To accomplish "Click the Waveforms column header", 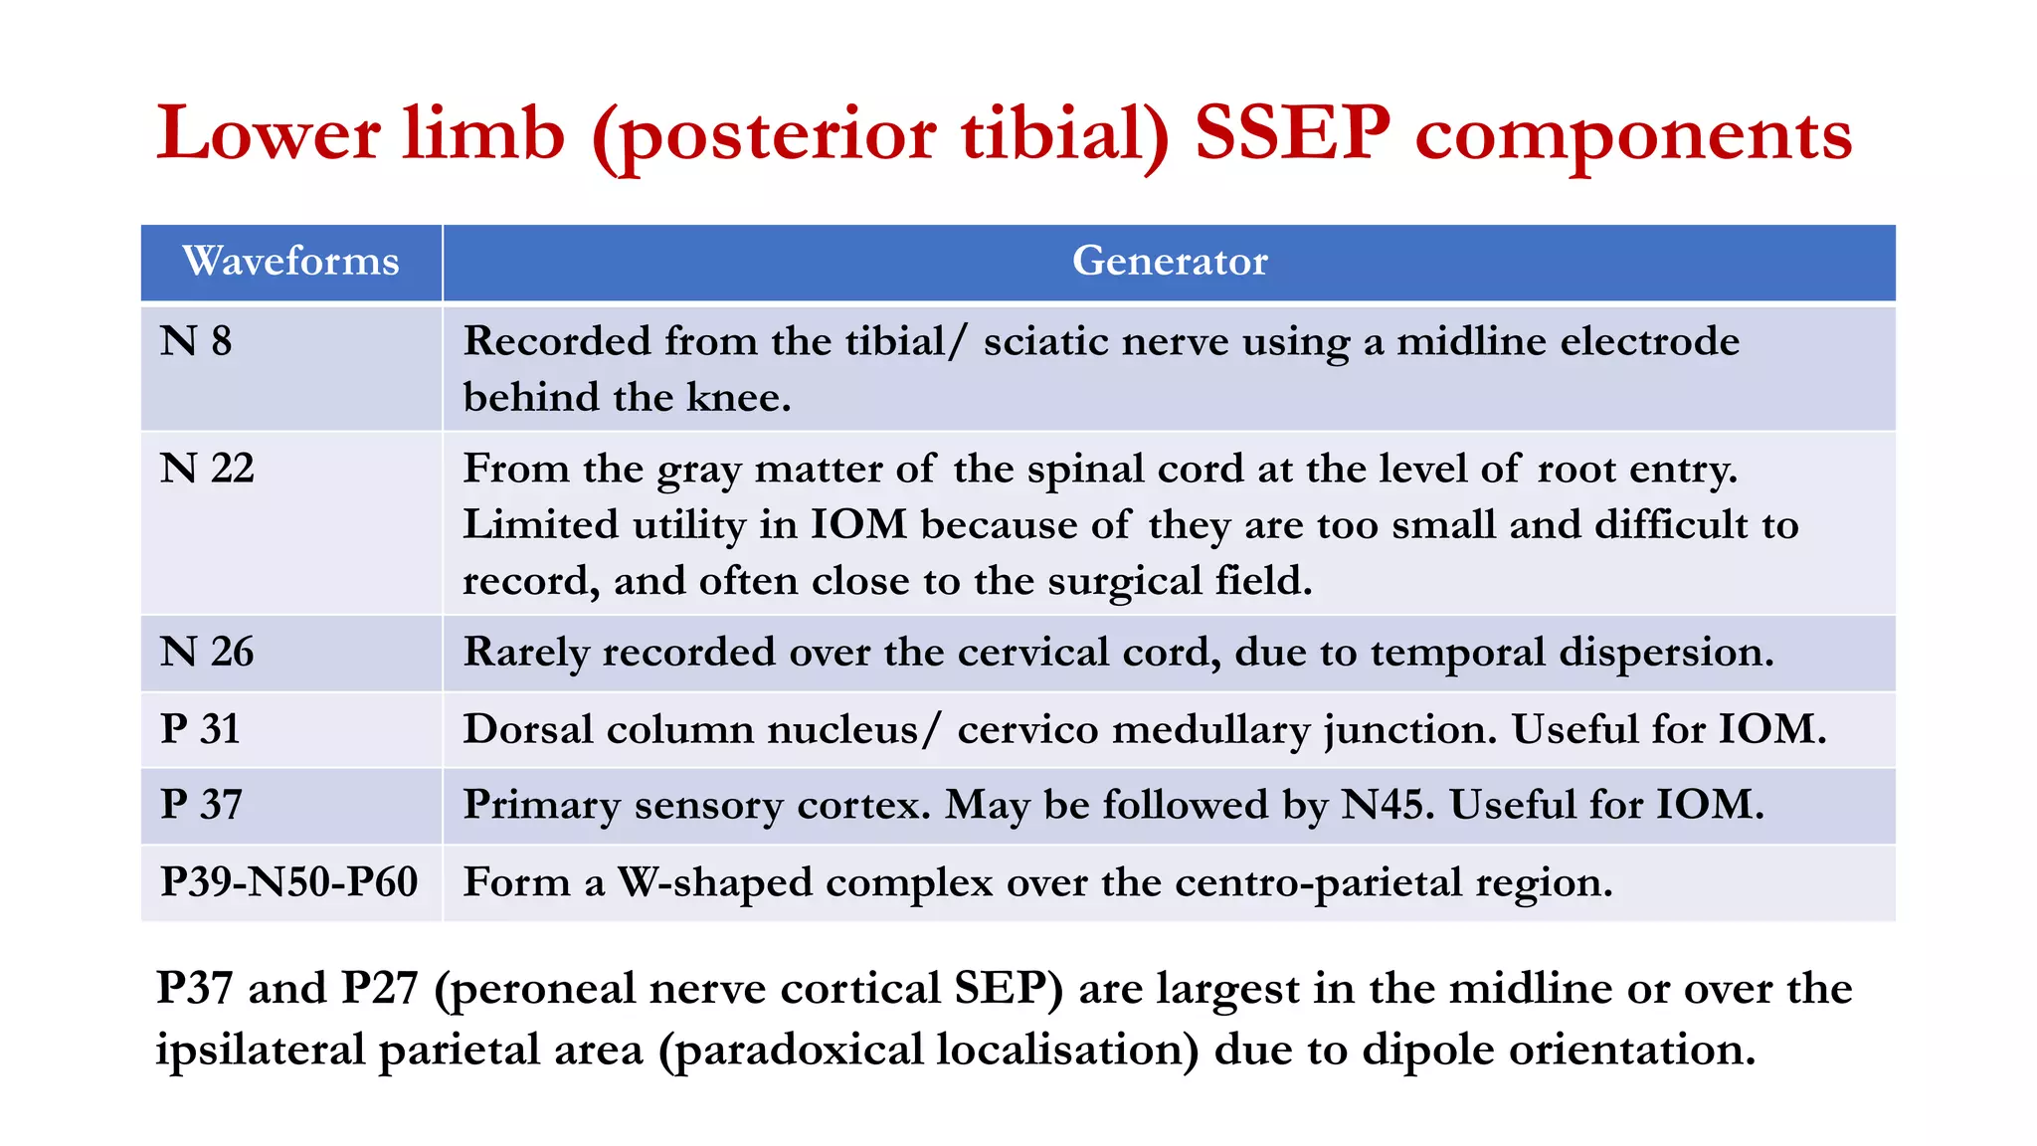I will pyautogui.click(x=290, y=262).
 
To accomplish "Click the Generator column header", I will pyautogui.click(x=1170, y=262).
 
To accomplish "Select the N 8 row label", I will pyautogui.click(x=196, y=342).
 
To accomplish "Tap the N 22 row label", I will pyautogui.click(x=207, y=469).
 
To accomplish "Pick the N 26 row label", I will pyautogui.click(x=207, y=653).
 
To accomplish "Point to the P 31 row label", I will pyautogui.click(x=200, y=729).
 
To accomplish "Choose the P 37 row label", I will pyautogui.click(x=201, y=805).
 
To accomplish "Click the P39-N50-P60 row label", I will pyautogui.click(x=288, y=882).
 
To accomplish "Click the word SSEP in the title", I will pyautogui.click(x=1291, y=134).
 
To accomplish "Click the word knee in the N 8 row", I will pyautogui.click(x=736, y=398).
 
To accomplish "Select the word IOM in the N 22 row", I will pyautogui.click(x=858, y=525).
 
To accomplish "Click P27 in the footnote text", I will pyautogui.click(x=379, y=989).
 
